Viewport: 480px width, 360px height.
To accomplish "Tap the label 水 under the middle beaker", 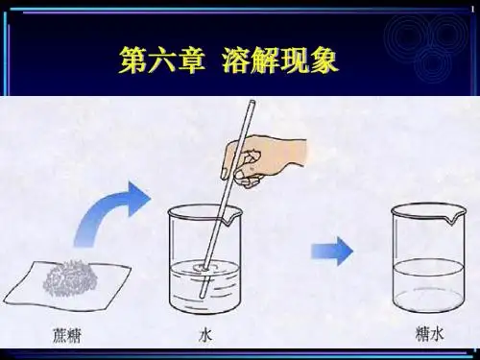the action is pyautogui.click(x=205, y=336).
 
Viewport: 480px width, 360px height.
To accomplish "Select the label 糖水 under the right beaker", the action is pyautogui.click(x=429, y=333).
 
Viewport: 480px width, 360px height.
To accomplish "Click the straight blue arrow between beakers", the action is pyautogui.click(x=332, y=252).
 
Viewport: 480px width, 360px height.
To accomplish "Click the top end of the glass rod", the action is pyautogui.click(x=252, y=102).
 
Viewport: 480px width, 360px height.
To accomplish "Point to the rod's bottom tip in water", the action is pyautogui.click(x=203, y=297).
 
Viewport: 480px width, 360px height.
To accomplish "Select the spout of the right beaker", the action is pyautogui.click(x=454, y=218).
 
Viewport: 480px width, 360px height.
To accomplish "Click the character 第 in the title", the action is pyautogui.click(x=132, y=60).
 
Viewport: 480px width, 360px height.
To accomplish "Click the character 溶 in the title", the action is pyautogui.click(x=237, y=60).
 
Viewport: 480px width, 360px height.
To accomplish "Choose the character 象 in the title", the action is pyautogui.click(x=324, y=60).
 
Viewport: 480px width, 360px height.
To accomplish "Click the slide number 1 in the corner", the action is pyautogui.click(x=473, y=10).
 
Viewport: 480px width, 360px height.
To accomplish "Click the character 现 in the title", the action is pyautogui.click(x=295, y=60).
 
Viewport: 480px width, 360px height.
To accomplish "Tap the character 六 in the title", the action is pyautogui.click(x=161, y=60).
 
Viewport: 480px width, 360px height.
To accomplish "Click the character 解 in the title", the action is pyautogui.click(x=266, y=60).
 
